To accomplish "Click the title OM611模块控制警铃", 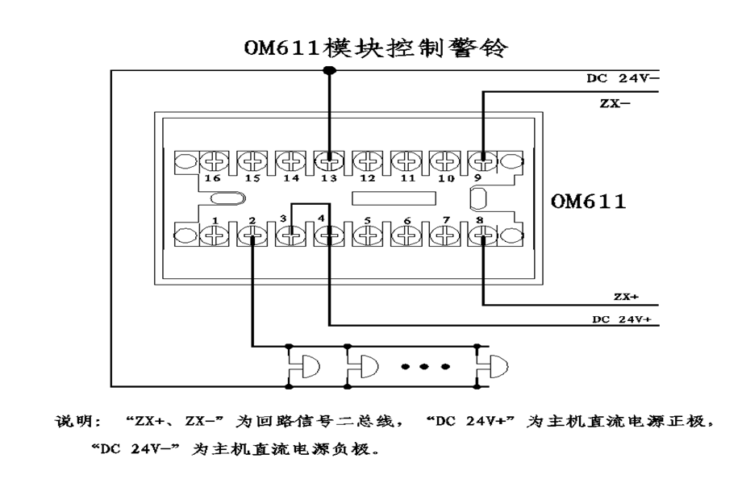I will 377,49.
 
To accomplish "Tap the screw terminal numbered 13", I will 327,161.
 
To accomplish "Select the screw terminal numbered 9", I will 482,161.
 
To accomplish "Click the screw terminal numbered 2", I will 252,237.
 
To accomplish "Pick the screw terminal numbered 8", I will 482,237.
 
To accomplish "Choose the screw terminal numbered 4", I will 327,237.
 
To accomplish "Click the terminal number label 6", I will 406,220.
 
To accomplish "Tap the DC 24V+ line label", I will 621,319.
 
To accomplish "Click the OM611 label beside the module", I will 588,202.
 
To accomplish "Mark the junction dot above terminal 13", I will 327,72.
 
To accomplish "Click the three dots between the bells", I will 425,367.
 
